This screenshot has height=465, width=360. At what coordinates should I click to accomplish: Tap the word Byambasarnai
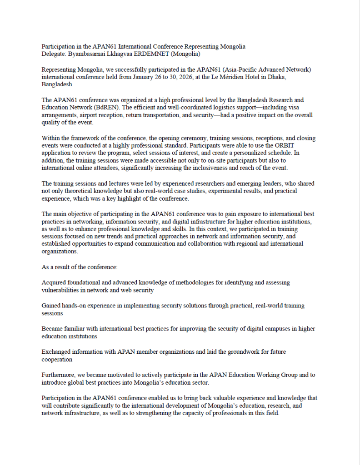pos(86,54)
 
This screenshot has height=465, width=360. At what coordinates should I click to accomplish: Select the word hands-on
pos(75,306)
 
